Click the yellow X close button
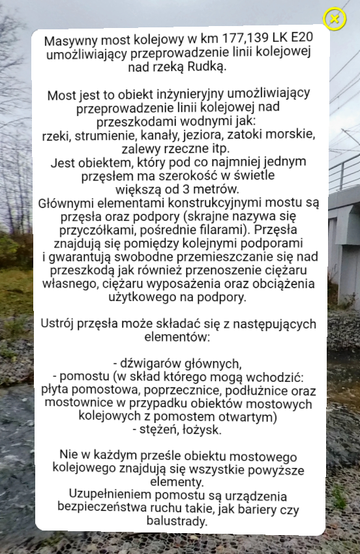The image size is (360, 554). [x=335, y=19]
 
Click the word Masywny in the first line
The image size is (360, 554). [x=68, y=42]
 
